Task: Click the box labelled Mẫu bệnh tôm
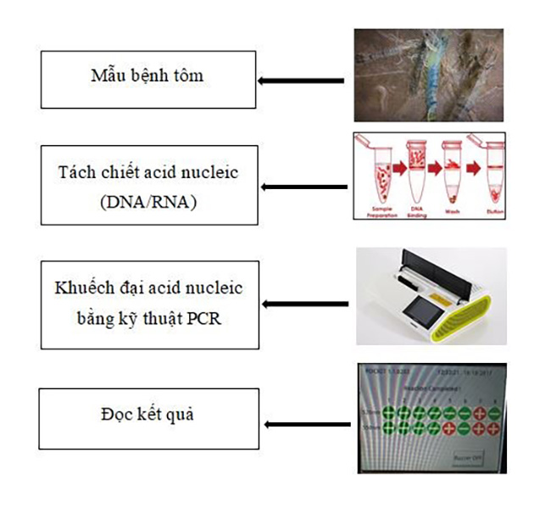[148, 80]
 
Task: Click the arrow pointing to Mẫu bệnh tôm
[301, 81]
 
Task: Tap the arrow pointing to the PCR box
[305, 304]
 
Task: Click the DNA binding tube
[415, 174]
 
